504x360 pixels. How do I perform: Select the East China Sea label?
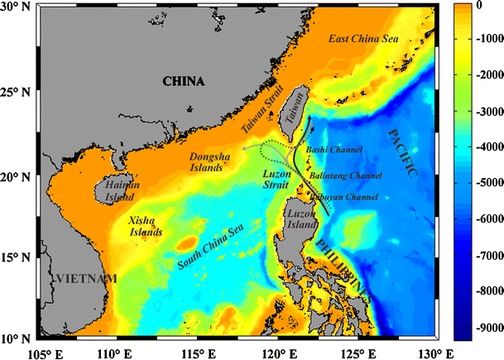360,40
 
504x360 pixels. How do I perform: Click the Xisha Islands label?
146,226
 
